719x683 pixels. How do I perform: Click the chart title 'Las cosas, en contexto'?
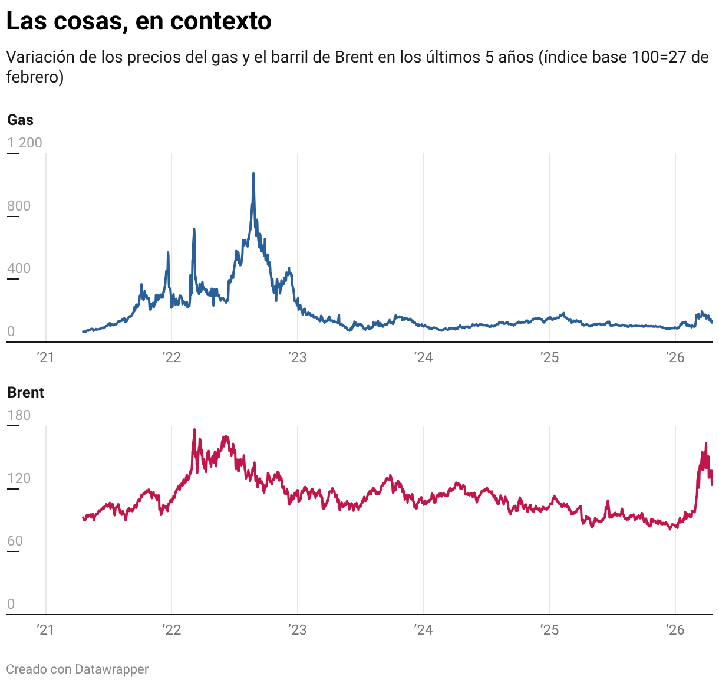point(138,21)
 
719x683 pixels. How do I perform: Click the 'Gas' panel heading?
point(20,120)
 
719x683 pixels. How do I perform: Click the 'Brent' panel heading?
point(26,393)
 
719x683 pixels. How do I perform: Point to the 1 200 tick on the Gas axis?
point(25,143)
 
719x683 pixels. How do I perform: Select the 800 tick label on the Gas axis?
point(19,206)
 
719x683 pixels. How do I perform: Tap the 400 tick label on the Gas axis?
point(19,269)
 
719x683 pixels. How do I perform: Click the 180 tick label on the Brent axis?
point(19,415)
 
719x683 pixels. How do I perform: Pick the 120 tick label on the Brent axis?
point(19,478)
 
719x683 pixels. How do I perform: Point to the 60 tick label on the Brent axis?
point(15,541)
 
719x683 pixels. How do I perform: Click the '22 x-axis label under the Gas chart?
point(171,357)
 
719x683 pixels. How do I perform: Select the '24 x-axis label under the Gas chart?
point(423,357)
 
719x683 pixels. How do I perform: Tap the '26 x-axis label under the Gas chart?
point(675,357)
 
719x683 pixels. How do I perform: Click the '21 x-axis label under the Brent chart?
point(45,630)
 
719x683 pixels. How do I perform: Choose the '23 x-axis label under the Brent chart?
point(298,630)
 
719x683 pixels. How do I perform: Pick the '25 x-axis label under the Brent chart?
point(549,630)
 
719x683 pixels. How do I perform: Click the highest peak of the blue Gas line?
point(253,174)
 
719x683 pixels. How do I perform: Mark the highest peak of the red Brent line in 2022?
point(194,430)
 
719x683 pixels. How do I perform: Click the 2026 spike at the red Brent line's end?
point(706,444)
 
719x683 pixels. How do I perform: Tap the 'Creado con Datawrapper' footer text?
point(77,669)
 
